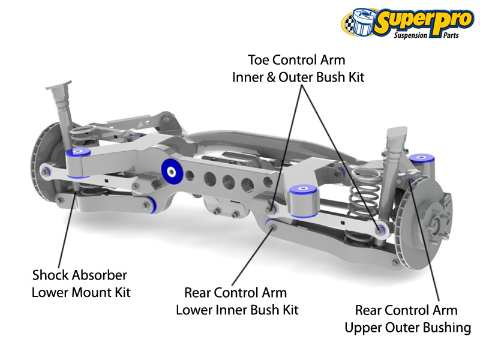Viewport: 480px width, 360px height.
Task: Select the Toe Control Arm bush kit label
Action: pos(298,68)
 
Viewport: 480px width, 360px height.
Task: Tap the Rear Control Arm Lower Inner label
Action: pos(236,301)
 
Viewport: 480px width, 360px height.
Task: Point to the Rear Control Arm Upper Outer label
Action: pos(406,319)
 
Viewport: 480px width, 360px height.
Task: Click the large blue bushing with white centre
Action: pos(173,171)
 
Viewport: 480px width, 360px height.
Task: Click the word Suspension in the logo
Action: pos(410,35)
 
